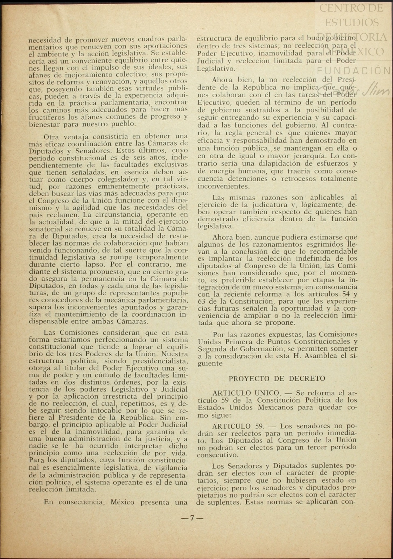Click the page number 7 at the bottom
(192, 518)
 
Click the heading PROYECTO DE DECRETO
(277, 378)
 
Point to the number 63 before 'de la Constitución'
(201, 301)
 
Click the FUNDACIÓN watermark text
(353, 71)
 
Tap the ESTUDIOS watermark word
(352, 22)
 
